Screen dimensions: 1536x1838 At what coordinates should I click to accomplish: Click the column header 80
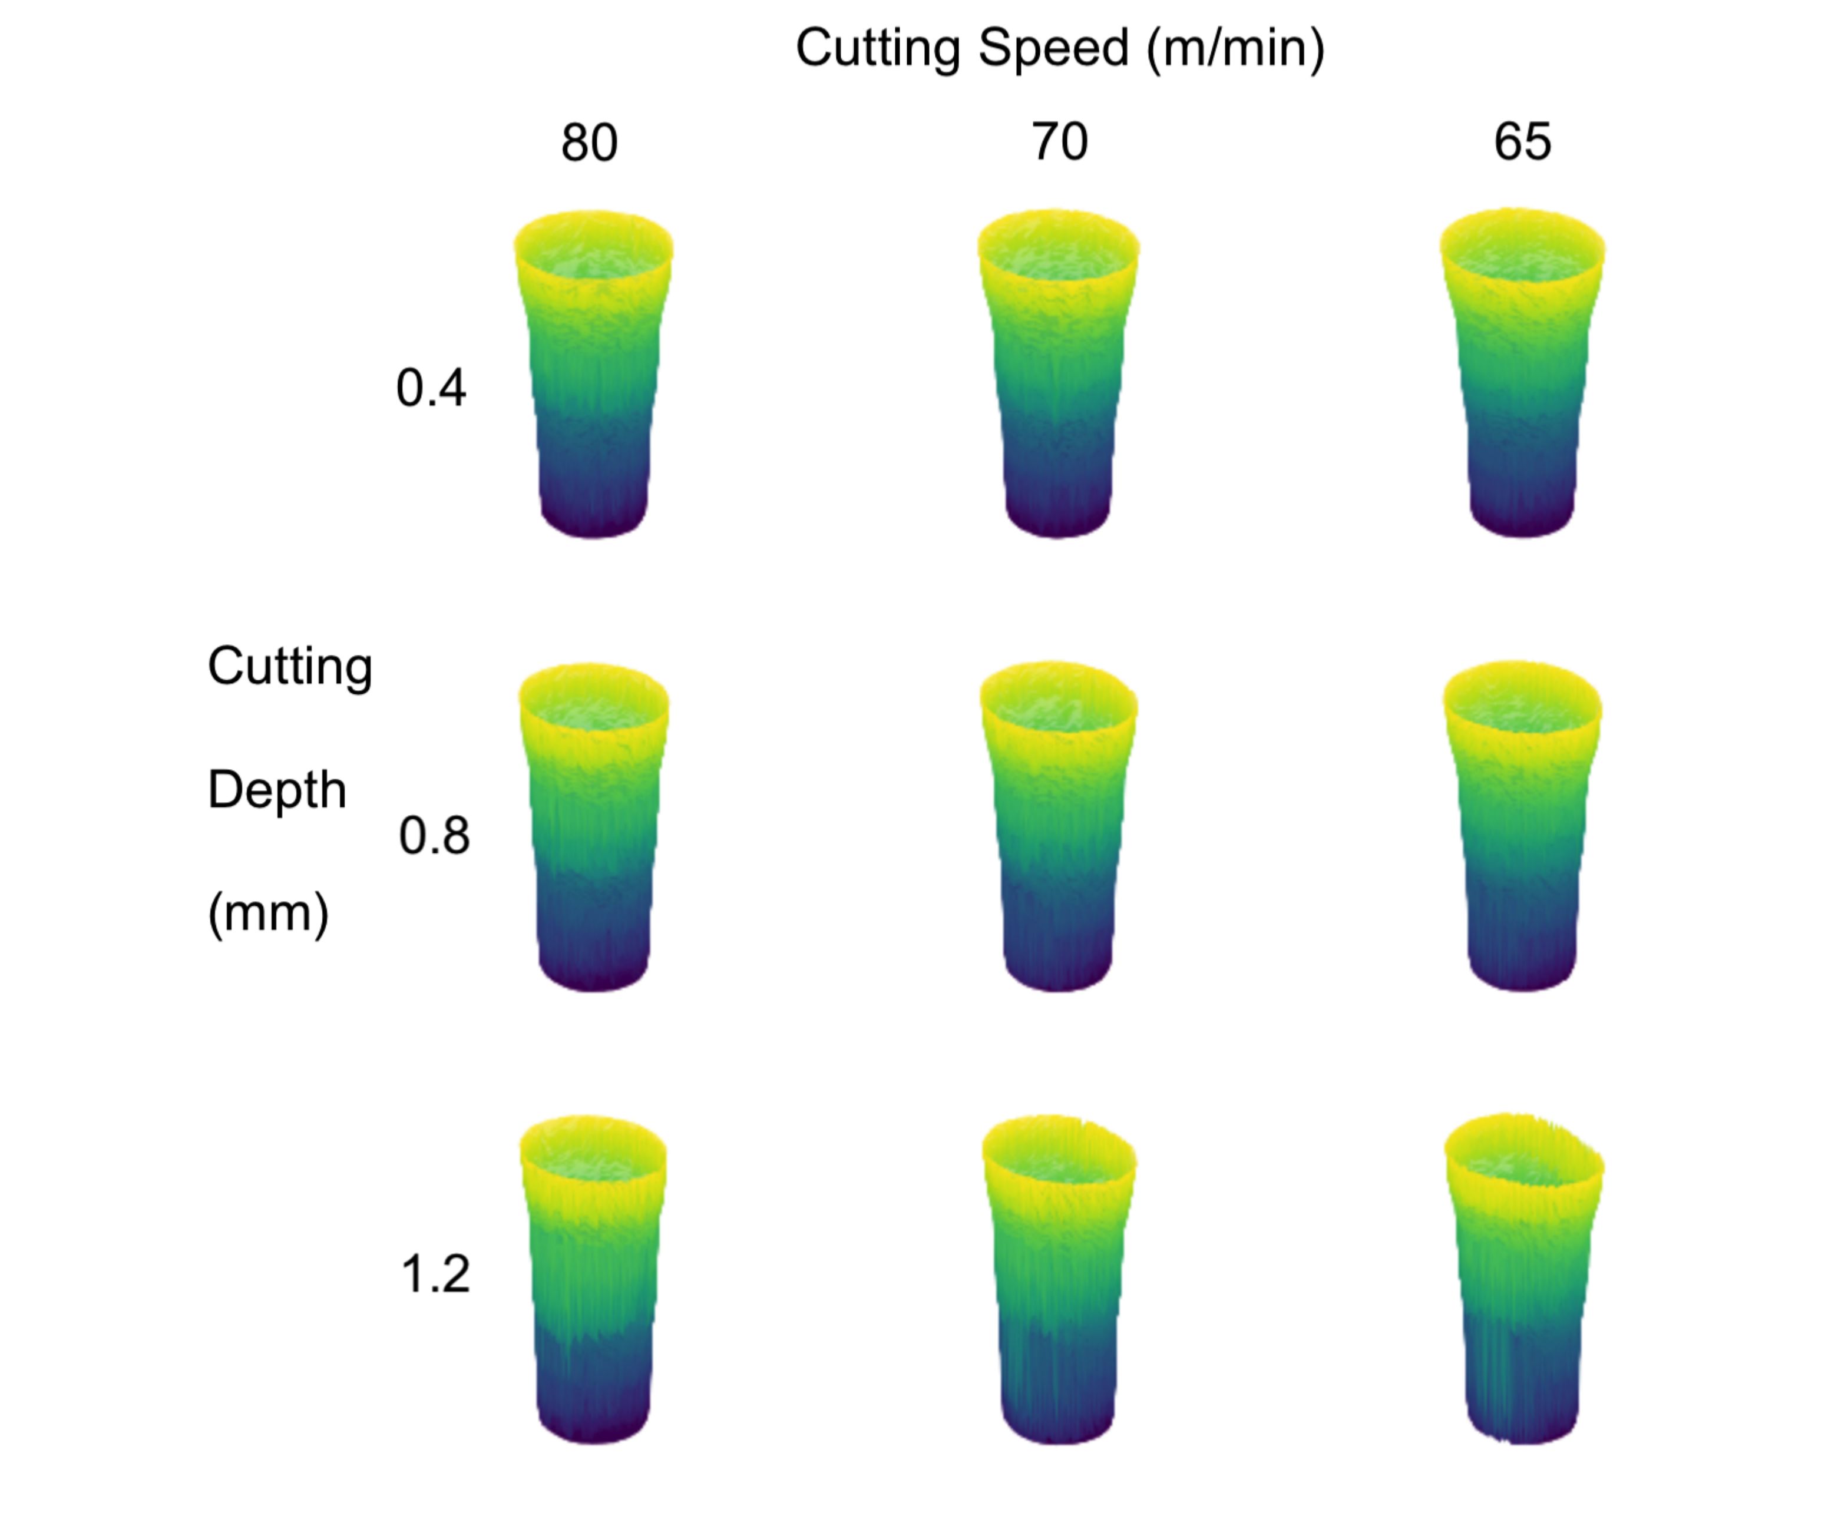(x=589, y=143)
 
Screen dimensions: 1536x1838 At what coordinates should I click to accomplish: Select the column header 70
(x=1060, y=142)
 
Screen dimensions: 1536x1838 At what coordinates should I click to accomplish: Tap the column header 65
(x=1523, y=142)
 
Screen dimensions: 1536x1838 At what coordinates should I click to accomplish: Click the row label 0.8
(x=434, y=836)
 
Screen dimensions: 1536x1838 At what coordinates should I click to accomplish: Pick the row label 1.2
(x=435, y=1275)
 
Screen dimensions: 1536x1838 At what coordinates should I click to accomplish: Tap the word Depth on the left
(x=276, y=790)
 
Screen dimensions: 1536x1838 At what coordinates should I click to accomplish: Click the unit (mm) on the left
(x=268, y=913)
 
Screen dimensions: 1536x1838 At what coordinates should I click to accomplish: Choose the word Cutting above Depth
(x=290, y=667)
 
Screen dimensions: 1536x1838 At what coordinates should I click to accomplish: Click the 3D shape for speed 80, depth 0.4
(x=593, y=376)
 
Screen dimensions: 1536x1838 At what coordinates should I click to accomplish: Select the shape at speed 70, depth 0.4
(x=1058, y=376)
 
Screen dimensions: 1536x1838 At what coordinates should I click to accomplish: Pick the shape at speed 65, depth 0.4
(x=1522, y=376)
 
